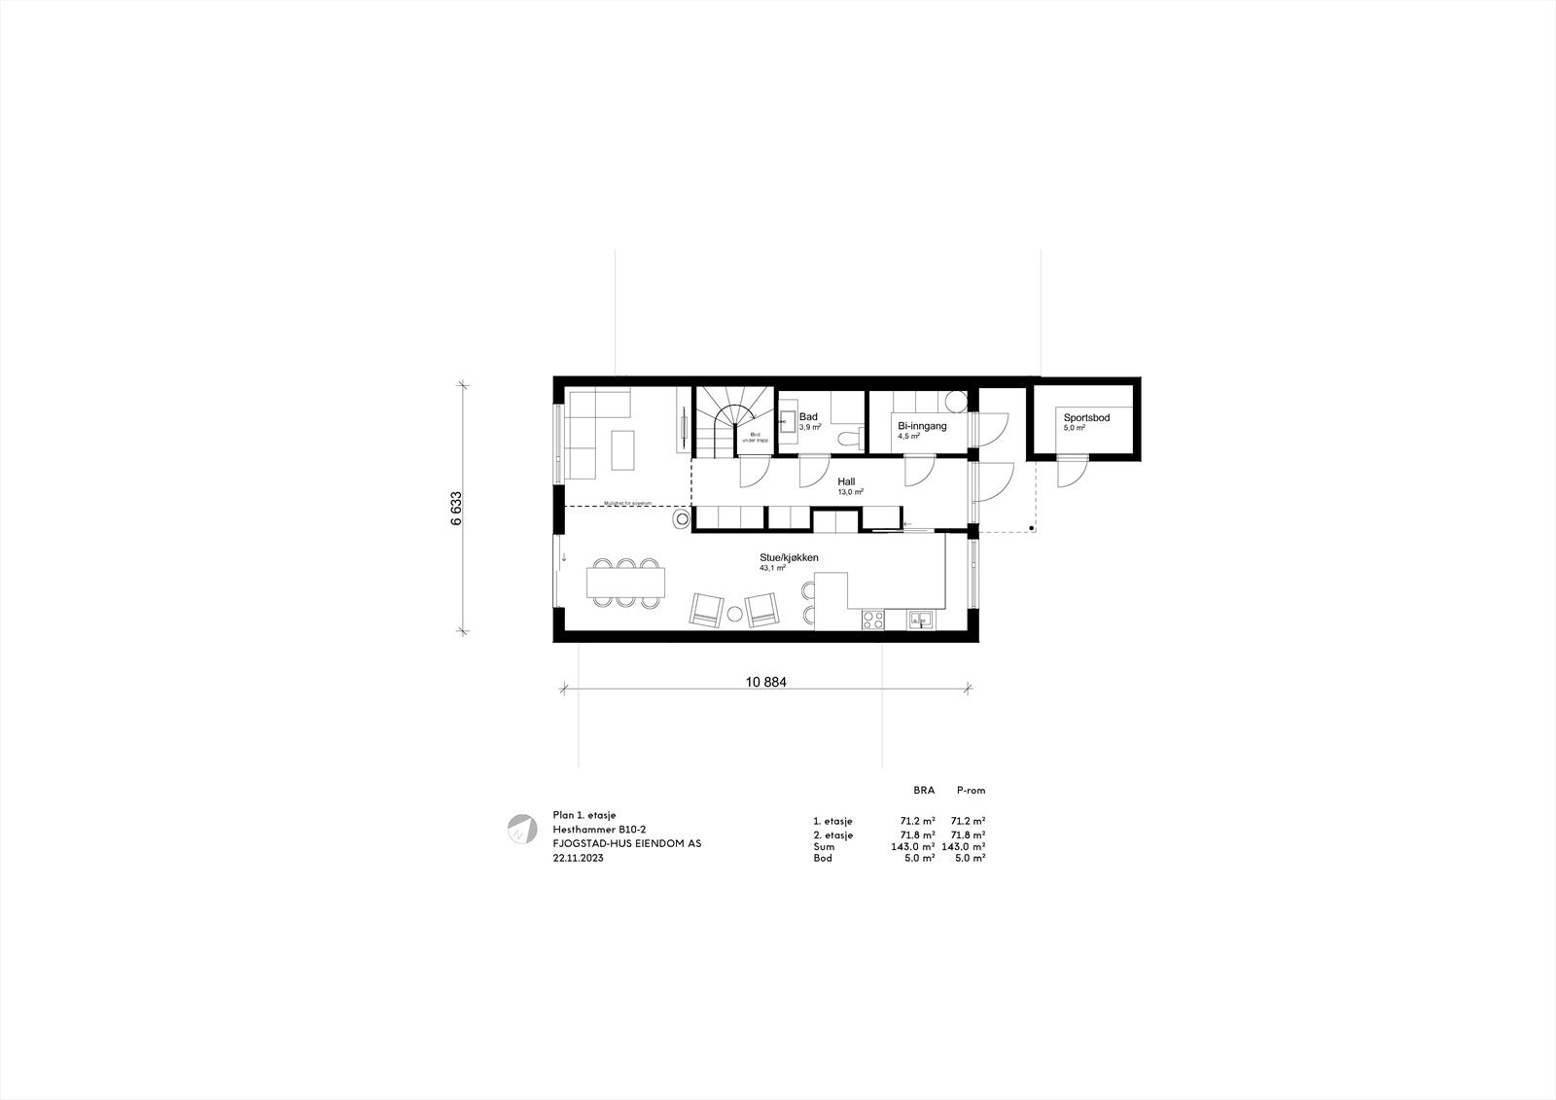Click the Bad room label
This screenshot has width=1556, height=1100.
point(808,417)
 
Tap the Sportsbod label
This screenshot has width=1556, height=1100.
point(1086,418)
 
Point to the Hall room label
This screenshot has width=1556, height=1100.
point(846,481)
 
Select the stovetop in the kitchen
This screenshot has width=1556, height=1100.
point(871,619)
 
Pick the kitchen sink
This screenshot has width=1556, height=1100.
point(920,619)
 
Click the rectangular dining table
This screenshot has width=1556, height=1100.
point(625,583)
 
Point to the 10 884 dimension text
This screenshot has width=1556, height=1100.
point(766,683)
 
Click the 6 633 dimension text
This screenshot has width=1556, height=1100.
point(456,508)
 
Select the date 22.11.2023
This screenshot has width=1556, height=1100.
point(578,859)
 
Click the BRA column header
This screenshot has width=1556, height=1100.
point(923,791)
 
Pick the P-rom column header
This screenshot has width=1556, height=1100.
point(971,791)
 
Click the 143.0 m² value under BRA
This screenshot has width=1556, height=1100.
point(913,846)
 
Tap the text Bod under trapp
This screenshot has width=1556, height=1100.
point(756,438)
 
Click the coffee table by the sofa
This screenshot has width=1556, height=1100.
point(620,448)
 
